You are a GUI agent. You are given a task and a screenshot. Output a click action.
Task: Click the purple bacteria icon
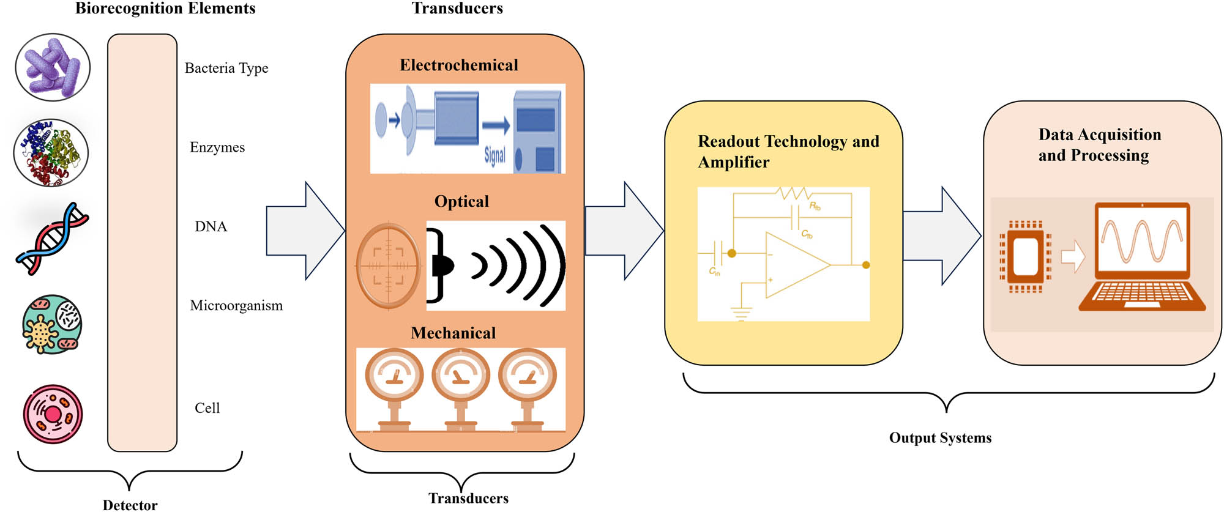tap(53, 67)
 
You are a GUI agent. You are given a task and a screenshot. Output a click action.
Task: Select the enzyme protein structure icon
tap(51, 152)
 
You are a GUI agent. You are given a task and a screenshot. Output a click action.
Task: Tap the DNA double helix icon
tap(52, 238)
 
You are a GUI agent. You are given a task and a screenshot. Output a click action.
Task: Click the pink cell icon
tap(53, 414)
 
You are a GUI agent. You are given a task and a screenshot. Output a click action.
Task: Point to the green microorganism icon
tap(52, 324)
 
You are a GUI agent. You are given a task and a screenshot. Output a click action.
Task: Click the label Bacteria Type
tap(226, 68)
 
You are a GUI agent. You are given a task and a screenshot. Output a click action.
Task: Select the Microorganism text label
tap(236, 305)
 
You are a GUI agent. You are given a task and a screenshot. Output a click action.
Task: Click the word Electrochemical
tap(458, 65)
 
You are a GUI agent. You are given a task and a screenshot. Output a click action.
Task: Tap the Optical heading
tap(461, 201)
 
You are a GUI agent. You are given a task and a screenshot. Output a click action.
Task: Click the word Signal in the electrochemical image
tap(494, 155)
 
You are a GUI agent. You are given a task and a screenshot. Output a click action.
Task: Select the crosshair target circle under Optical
tap(389, 265)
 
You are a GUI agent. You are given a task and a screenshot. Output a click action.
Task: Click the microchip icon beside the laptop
tap(1026, 256)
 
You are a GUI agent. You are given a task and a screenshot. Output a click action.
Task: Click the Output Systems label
tap(940, 437)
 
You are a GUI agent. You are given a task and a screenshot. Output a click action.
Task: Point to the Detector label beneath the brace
tap(130, 505)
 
